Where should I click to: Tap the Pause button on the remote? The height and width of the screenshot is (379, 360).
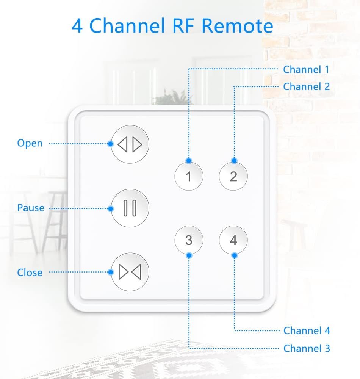(130, 208)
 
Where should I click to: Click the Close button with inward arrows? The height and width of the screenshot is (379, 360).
(130, 272)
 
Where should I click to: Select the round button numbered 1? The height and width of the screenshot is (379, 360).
(189, 176)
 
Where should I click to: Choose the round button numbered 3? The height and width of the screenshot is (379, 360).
(189, 240)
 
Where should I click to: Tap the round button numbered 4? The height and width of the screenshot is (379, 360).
(233, 240)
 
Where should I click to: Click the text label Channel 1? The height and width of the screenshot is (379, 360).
(306, 69)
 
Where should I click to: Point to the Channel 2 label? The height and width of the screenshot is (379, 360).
(306, 86)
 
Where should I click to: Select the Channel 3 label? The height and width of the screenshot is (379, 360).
(307, 348)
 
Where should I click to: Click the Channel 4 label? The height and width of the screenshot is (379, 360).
(307, 330)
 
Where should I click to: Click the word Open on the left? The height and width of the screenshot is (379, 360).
(30, 143)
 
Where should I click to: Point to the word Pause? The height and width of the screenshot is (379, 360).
(31, 208)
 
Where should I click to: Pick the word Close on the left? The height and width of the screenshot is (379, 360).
(30, 272)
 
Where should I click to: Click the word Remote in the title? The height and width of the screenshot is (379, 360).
(237, 26)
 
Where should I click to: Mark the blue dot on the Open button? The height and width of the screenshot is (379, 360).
(110, 144)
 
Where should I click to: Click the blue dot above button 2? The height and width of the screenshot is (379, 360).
(234, 161)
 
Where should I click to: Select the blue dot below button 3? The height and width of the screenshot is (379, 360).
(189, 255)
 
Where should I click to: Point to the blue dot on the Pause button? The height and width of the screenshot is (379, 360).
(111, 208)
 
